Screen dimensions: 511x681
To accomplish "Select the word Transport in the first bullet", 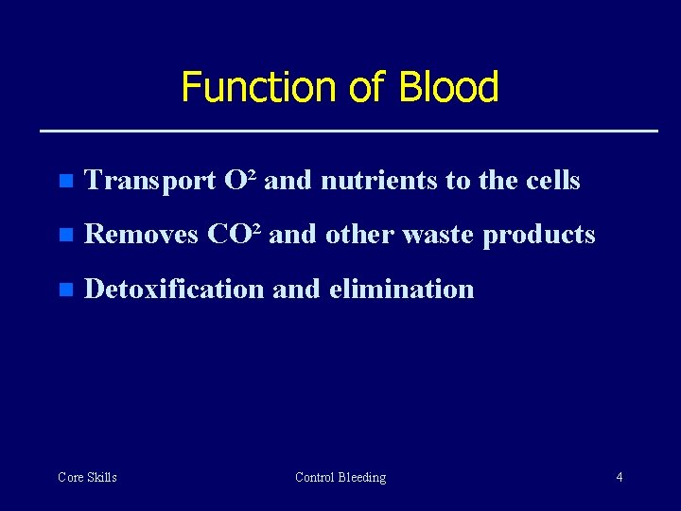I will pyautogui.click(x=150, y=181).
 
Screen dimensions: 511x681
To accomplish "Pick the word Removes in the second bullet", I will pyautogui.click(x=142, y=235).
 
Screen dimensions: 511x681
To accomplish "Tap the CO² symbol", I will pyautogui.click(x=235, y=234).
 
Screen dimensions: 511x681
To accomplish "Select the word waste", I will pyautogui.click(x=439, y=235).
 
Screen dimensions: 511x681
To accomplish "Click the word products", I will pyautogui.click(x=539, y=236).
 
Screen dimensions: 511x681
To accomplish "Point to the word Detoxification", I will pyautogui.click(x=174, y=289).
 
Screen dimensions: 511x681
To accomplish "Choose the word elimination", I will pyautogui.click(x=401, y=289).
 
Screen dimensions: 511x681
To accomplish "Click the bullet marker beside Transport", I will pyautogui.click(x=64, y=182).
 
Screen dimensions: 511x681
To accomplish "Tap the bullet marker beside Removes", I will pyautogui.click(x=64, y=236).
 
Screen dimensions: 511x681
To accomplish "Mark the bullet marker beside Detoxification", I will pyautogui.click(x=64, y=290).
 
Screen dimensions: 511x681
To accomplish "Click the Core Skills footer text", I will pyautogui.click(x=87, y=477).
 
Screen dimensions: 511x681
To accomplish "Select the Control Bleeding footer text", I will pyautogui.click(x=340, y=477).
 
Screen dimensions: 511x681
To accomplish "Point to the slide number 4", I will pyautogui.click(x=620, y=477).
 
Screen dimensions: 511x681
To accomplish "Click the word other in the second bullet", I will pyautogui.click(x=360, y=235).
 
